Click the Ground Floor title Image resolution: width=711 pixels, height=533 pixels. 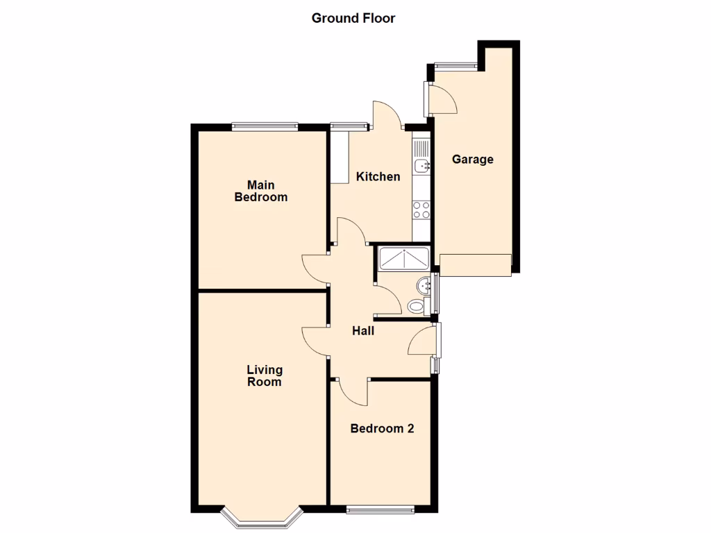[353, 18]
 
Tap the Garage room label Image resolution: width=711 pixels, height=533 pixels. [473, 159]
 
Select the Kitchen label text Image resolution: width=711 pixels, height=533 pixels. [378, 176]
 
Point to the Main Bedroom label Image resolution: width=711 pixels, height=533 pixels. [261, 191]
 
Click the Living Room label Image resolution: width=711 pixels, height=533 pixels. [265, 375]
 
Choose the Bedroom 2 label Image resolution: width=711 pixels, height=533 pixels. [382, 428]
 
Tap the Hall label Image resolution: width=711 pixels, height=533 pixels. [363, 331]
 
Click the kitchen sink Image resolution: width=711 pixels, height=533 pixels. [421, 165]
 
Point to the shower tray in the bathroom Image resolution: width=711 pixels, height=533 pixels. [403, 258]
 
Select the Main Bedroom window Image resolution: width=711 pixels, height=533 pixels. [265, 126]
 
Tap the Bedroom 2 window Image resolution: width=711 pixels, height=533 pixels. [380, 511]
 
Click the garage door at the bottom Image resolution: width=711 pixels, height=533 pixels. [476, 264]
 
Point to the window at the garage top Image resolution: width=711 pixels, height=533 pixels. [456, 66]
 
